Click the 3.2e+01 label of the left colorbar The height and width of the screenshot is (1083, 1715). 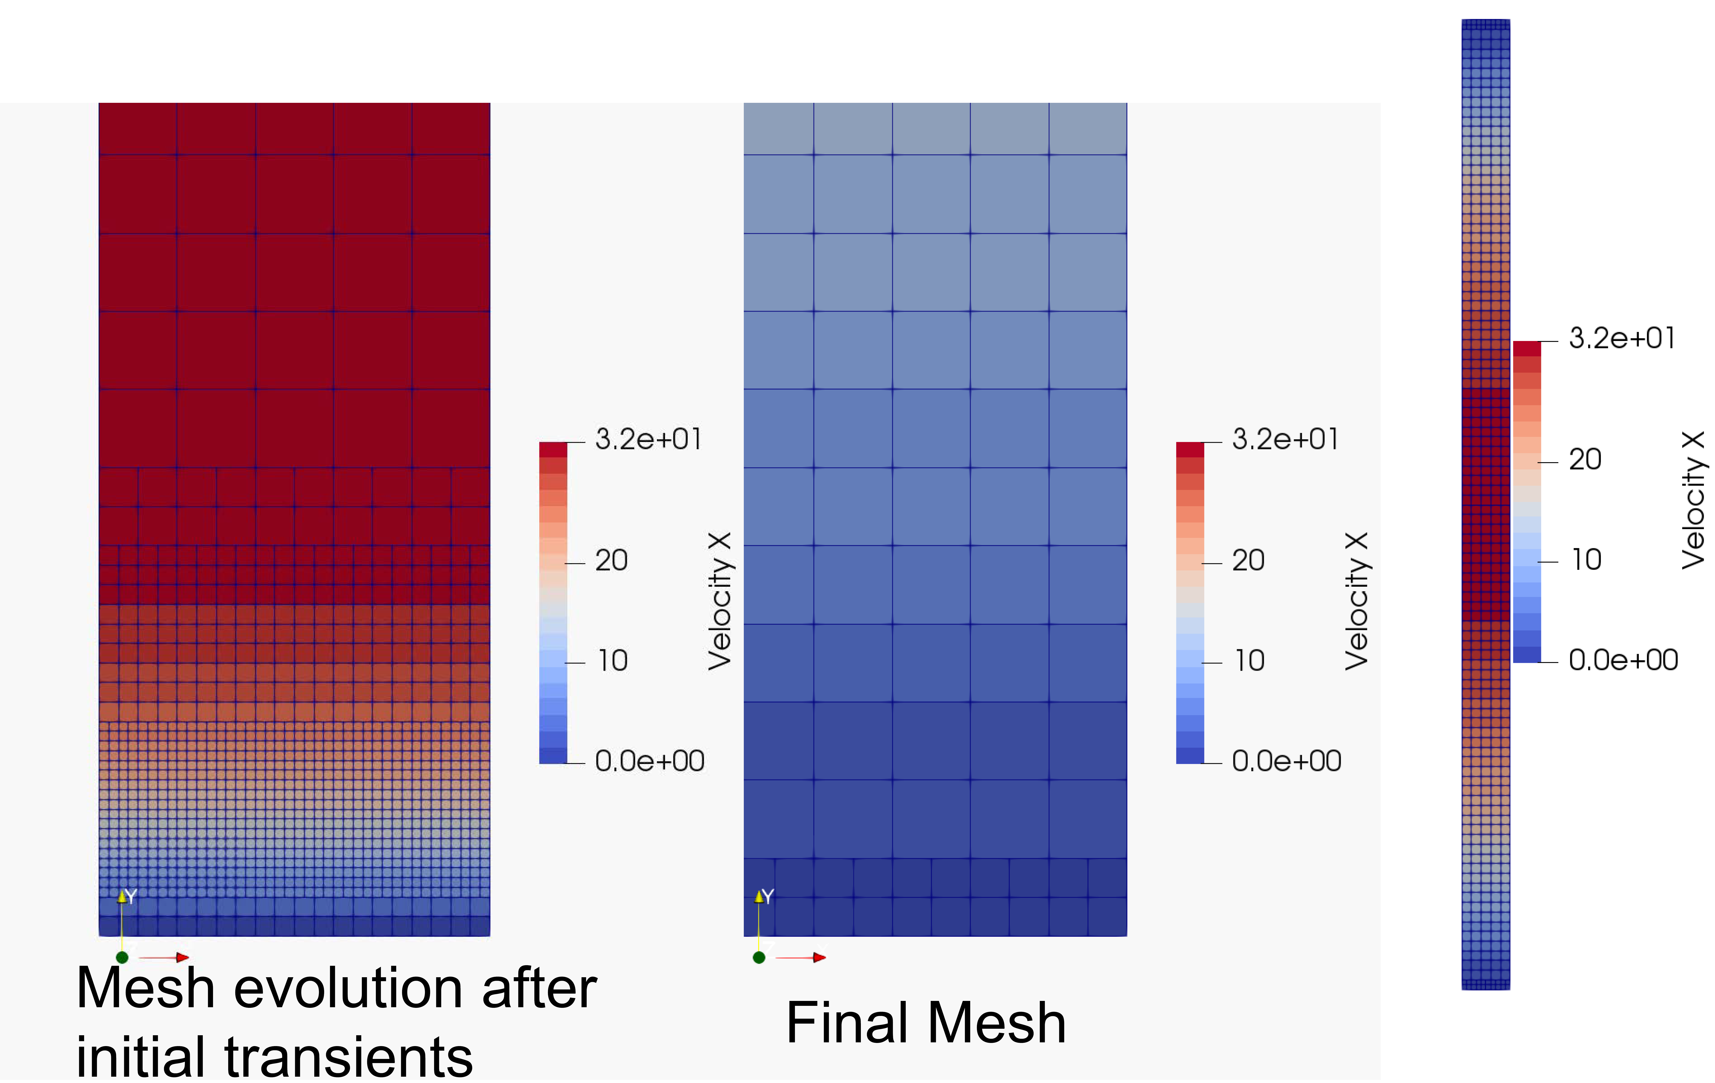[x=648, y=439]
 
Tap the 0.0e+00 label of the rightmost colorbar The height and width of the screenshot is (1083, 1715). [x=1623, y=660]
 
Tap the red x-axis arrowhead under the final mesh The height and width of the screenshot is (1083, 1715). [x=820, y=958]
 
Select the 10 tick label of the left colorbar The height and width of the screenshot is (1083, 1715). [x=613, y=661]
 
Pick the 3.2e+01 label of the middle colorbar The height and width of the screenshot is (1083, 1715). [x=1285, y=439]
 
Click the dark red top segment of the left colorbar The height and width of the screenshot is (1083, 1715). [x=553, y=449]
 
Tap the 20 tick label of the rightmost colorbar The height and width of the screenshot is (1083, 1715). [x=1585, y=459]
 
